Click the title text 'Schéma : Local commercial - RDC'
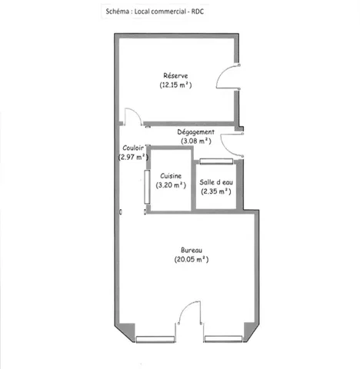[155, 12]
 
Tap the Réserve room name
[175, 75]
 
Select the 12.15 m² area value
[175, 85]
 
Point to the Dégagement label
[196, 132]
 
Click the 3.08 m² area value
[196, 141]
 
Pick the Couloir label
[133, 148]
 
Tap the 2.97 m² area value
[133, 157]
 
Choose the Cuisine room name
[171, 176]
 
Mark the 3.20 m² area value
[171, 185]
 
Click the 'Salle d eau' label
[216, 182]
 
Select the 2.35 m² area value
[216, 191]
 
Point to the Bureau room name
[192, 250]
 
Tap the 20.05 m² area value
[192, 259]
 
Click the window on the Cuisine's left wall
[147, 187]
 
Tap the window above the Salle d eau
[216, 161]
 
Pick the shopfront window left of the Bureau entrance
[155, 340]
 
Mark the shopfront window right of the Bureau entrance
[224, 339]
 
